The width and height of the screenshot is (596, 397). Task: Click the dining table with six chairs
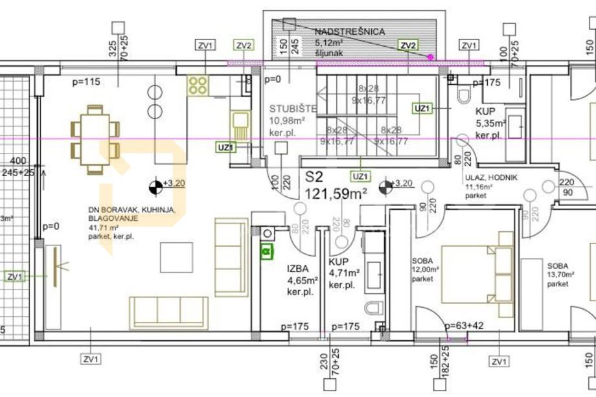pos(95,139)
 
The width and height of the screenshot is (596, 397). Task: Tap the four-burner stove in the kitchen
pos(198,84)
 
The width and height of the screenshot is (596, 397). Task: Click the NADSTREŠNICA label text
pos(350,32)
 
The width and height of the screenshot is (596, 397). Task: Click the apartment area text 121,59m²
pos(336,193)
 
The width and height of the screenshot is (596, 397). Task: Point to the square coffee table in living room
pos(176,257)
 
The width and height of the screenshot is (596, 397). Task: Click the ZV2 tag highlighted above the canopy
pos(408,45)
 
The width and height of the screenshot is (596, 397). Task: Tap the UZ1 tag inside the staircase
pos(422,109)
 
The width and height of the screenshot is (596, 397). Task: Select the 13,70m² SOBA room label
pos(558,270)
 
